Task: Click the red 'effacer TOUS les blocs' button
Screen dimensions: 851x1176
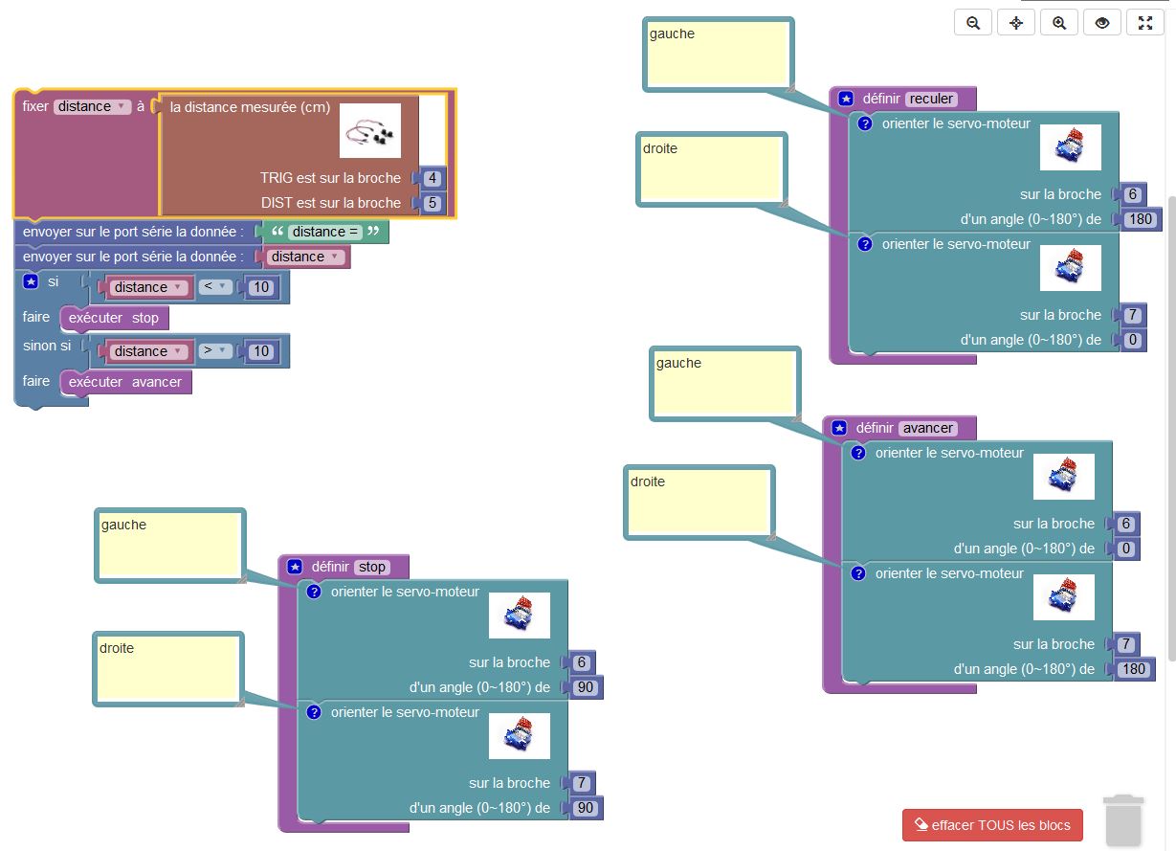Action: coord(992,825)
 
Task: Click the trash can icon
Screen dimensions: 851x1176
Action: coord(1122,821)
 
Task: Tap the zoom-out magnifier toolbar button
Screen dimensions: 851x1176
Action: coord(973,23)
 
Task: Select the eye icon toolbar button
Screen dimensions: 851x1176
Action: coord(1102,23)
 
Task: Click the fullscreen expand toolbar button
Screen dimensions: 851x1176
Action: coord(1145,23)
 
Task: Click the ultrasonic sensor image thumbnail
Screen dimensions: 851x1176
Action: coord(370,131)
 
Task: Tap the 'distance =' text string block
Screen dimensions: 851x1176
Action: coord(325,232)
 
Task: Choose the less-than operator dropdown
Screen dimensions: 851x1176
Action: coord(216,286)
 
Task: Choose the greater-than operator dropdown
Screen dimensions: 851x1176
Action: coord(216,350)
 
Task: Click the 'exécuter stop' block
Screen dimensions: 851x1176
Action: coord(114,318)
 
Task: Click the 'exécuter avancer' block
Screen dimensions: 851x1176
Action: coord(125,382)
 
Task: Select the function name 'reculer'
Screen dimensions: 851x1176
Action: coord(931,99)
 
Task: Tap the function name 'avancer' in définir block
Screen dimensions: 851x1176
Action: coord(927,428)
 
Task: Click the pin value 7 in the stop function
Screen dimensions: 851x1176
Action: coord(582,783)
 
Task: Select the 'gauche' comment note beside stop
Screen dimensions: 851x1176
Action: coord(169,545)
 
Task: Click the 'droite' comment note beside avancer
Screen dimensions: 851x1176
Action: coord(699,502)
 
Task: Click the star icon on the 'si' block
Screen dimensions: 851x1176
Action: coord(30,281)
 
